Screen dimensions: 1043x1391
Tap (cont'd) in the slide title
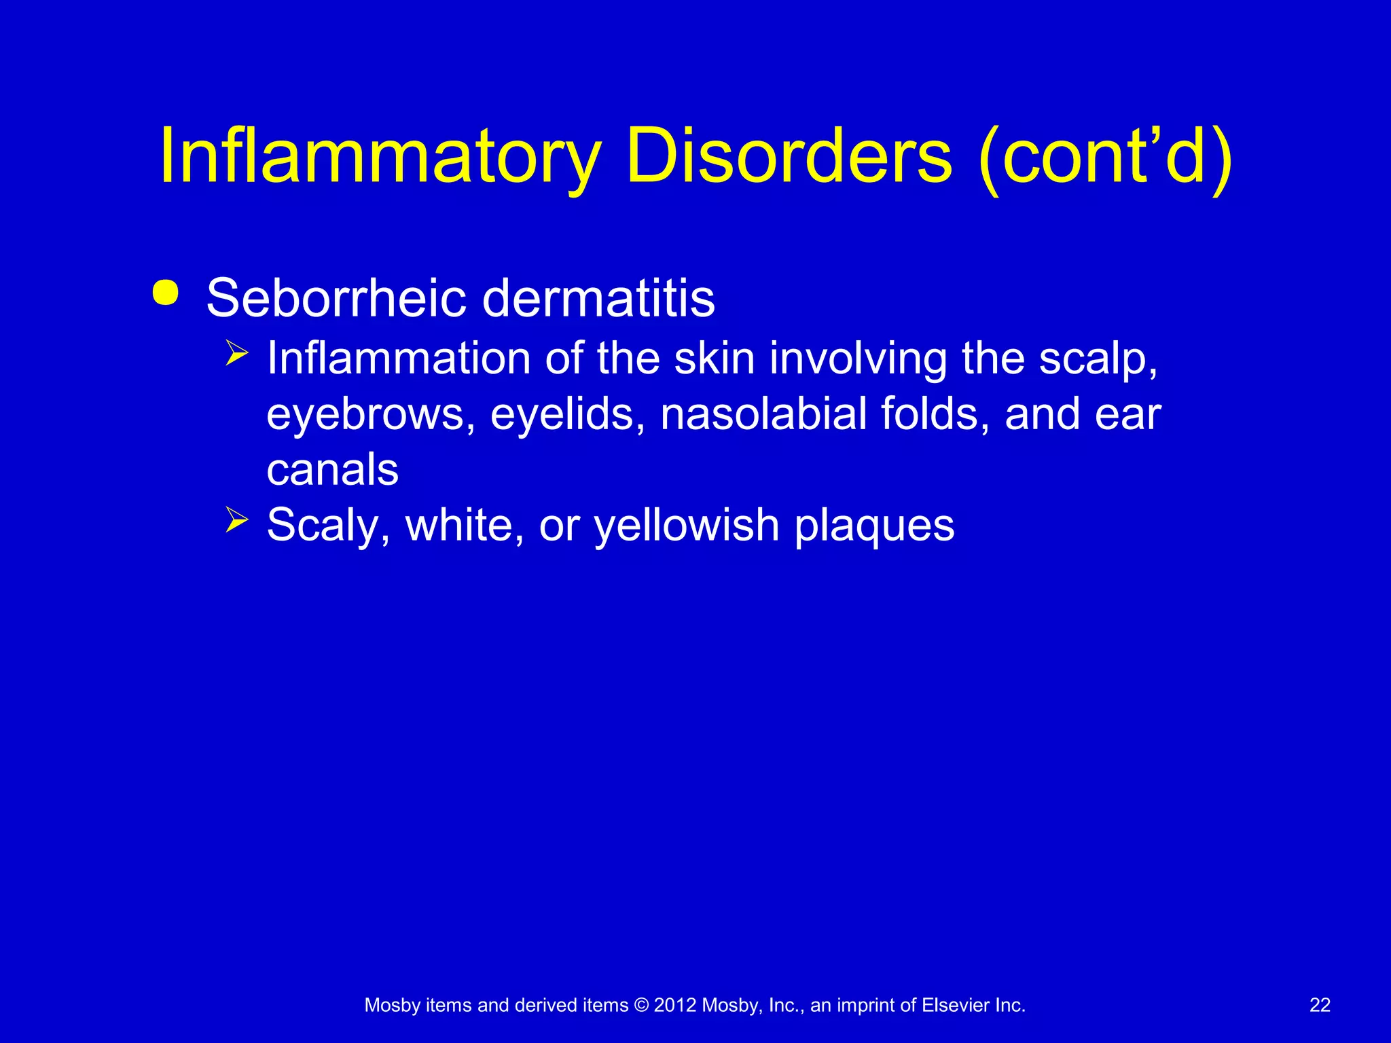(1105, 158)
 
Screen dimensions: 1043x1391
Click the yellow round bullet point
(166, 293)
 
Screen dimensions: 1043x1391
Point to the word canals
(333, 470)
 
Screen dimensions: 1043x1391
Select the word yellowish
(687, 526)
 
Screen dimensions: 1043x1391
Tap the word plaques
(874, 526)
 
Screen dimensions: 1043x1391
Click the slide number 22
(1320, 1005)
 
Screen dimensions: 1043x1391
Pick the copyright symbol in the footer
(641, 1005)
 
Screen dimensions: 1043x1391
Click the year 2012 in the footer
(675, 1005)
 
